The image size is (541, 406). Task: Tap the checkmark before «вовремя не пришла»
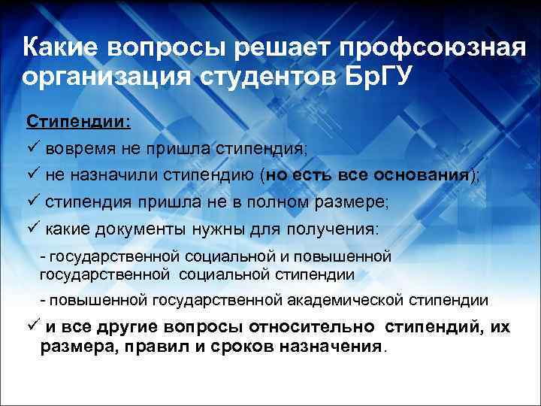click(x=32, y=147)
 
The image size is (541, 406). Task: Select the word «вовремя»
click(x=78, y=147)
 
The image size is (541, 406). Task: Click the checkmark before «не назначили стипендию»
click(x=32, y=175)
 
